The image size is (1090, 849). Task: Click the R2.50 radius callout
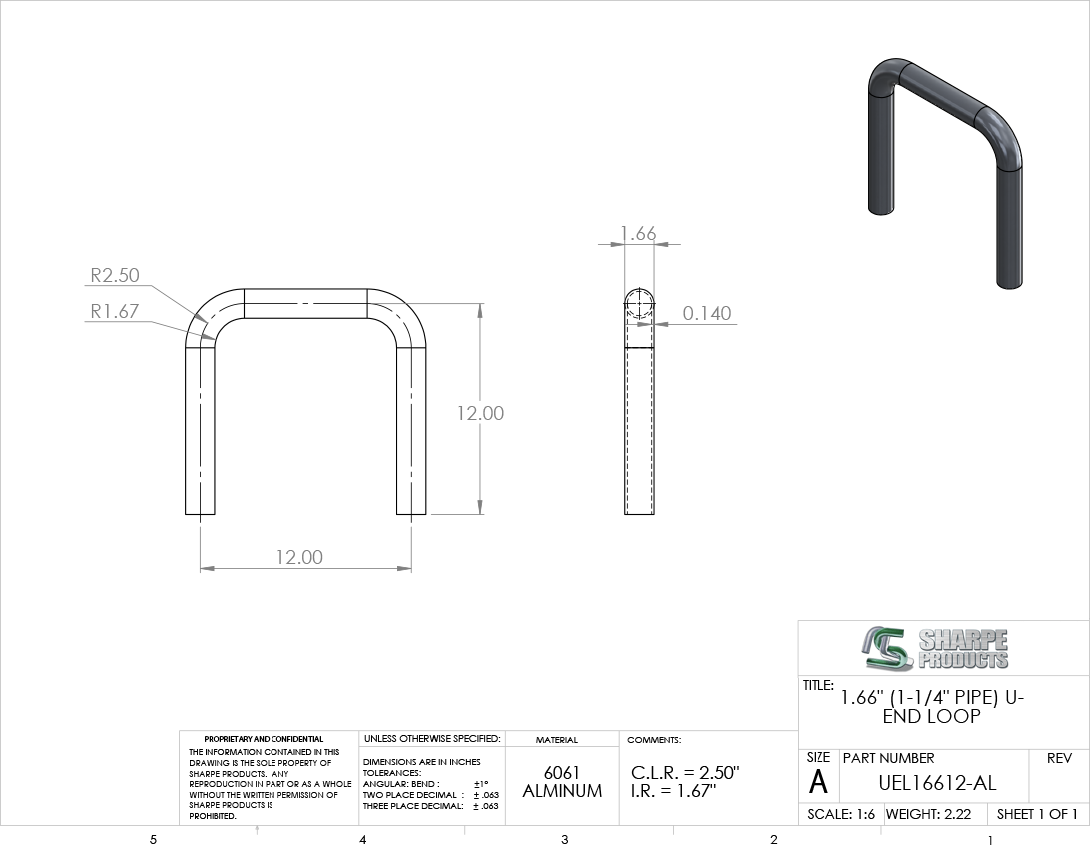(x=115, y=275)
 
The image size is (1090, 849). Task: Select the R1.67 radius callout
(x=115, y=311)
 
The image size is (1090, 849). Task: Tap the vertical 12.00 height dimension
(x=480, y=413)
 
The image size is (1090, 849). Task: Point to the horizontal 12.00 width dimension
(x=299, y=557)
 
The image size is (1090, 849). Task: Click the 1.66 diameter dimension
(x=638, y=233)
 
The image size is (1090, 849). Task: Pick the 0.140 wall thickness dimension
(x=707, y=313)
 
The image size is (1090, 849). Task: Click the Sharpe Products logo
(x=933, y=649)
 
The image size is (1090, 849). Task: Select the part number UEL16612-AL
(x=937, y=783)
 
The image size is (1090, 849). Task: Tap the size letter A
(x=818, y=782)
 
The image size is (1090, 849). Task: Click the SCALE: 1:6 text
(x=841, y=814)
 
